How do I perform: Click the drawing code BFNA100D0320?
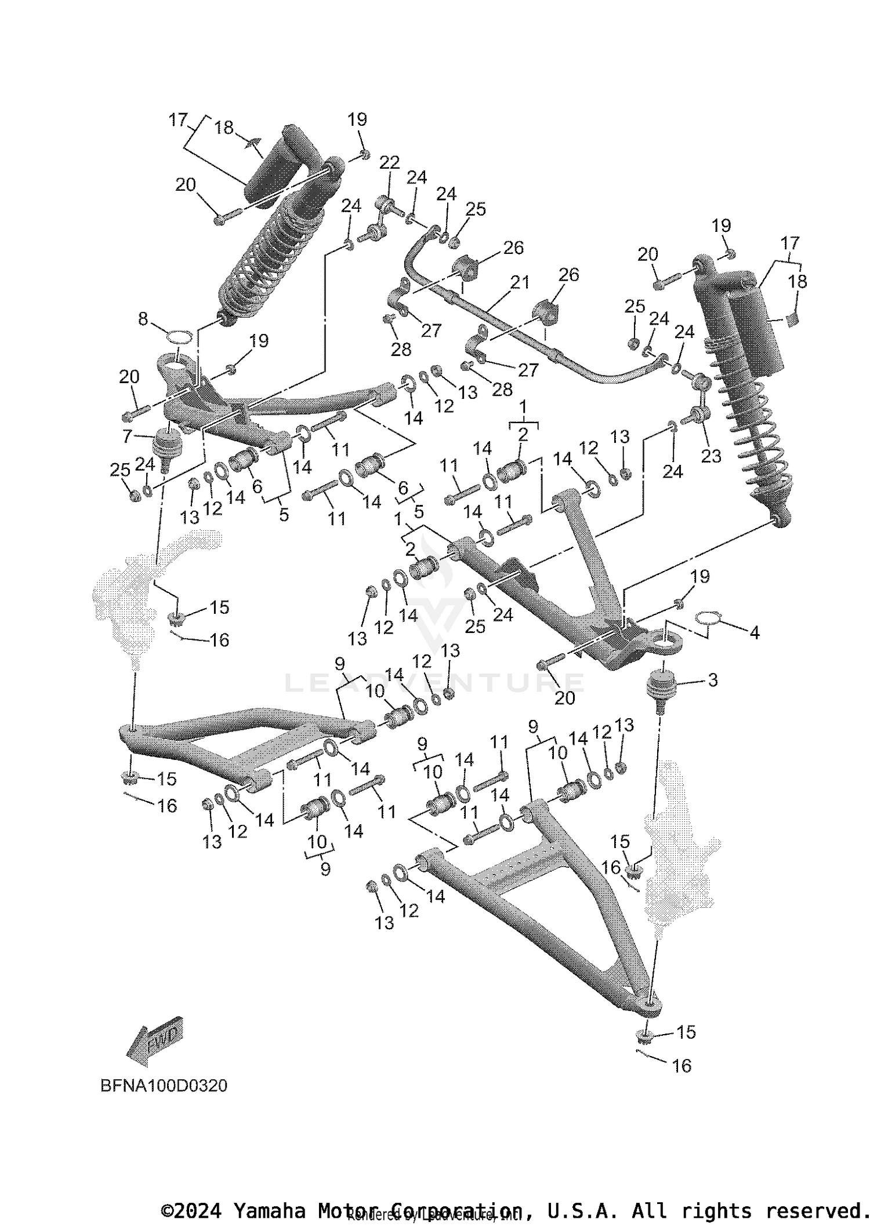pos(164,1085)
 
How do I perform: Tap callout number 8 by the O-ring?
pos(143,319)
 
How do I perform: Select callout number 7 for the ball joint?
pos(128,436)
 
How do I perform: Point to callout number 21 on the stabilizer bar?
pos(520,282)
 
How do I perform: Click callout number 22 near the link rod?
pos(389,163)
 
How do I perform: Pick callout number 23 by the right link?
pos(710,456)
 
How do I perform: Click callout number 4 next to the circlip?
pos(754,632)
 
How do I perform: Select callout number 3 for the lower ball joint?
pos(713,679)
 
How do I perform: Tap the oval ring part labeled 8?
pos(179,337)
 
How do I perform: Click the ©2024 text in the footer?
pos(191,1210)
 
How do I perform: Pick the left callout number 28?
pos(401,349)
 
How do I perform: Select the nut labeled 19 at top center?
pos(365,154)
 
